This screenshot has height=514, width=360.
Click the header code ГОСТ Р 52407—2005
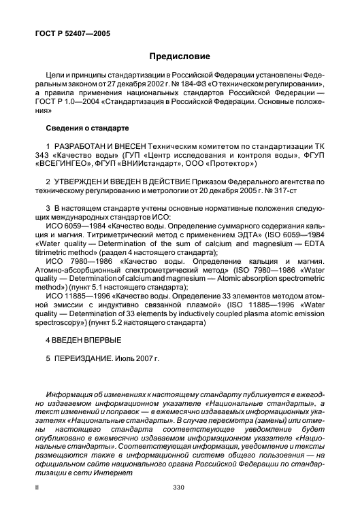pyautogui.click(x=72, y=32)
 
